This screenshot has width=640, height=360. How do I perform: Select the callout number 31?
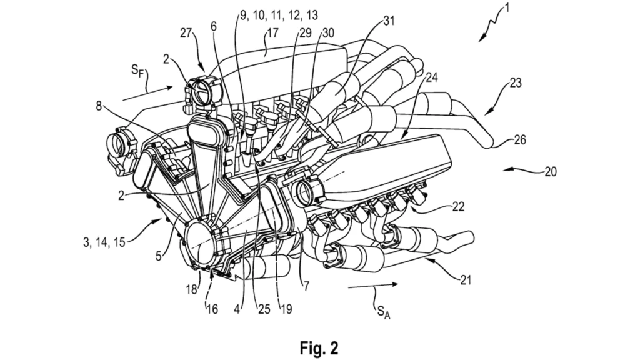[389, 21]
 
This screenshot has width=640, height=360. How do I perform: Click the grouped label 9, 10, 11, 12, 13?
[279, 13]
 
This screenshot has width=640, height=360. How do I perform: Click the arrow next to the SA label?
[372, 285]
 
